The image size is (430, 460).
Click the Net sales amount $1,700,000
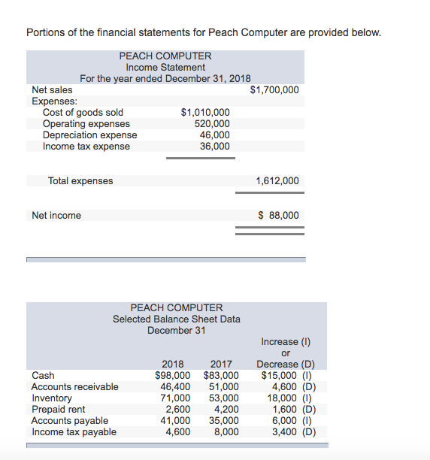(274, 90)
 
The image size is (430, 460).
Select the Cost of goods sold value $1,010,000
(205, 113)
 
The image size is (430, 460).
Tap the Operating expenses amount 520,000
(212, 124)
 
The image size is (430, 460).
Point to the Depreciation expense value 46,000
(215, 135)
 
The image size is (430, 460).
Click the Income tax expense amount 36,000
(215, 147)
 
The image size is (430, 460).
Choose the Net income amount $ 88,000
(278, 216)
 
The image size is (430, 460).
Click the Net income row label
(56, 216)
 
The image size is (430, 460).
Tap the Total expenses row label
(80, 181)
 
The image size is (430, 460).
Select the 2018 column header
(173, 365)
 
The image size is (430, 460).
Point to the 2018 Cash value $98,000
(172, 376)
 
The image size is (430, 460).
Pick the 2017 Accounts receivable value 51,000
(223, 387)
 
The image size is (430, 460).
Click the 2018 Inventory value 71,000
(175, 398)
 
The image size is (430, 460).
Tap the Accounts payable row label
(70, 421)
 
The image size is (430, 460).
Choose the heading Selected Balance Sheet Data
(177, 319)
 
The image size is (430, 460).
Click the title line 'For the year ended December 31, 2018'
(165, 79)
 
